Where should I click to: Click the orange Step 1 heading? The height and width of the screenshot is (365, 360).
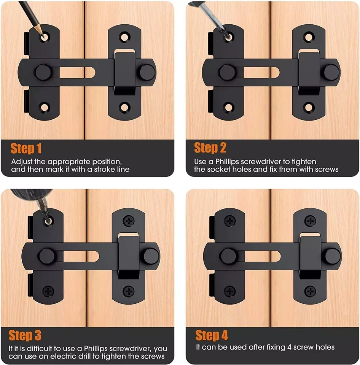[x=26, y=148]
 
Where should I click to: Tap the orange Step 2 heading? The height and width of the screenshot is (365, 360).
[x=210, y=148]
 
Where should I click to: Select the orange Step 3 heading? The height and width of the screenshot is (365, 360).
[x=25, y=335]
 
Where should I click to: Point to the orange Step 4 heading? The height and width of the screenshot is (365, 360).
[x=212, y=335]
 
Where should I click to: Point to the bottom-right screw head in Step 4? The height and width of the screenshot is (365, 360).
[x=310, y=292]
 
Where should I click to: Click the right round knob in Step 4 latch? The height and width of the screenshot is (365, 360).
[x=332, y=256]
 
